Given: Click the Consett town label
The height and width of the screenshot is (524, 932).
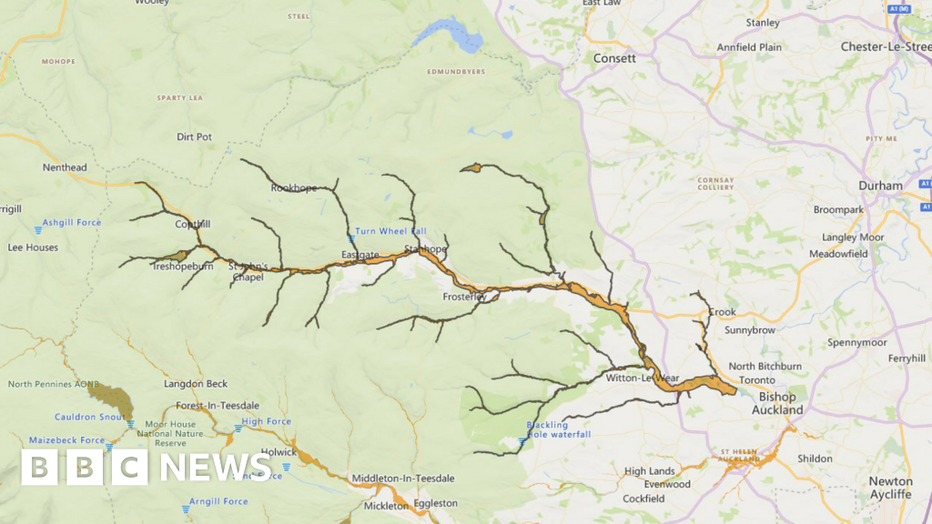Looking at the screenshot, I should click(614, 57).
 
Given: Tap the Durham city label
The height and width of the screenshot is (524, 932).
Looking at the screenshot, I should click(880, 186).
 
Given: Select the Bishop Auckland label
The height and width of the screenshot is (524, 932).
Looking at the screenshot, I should click(777, 403).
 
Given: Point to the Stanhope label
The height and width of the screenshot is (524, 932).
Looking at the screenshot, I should click(426, 248).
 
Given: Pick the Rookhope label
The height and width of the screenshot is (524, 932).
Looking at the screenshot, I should click(294, 188).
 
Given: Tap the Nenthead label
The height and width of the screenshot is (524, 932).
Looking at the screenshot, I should click(65, 167).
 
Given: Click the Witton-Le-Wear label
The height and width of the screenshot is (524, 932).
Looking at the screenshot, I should click(643, 378).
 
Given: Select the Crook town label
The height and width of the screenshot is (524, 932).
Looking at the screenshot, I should click(722, 312).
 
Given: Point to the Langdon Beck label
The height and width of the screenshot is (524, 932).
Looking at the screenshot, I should click(196, 384).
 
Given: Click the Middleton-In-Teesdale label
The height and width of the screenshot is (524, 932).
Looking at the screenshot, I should click(403, 479).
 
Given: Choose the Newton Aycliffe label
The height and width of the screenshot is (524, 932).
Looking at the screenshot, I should click(890, 488).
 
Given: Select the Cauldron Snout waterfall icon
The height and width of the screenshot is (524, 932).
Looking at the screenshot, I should click(131, 424).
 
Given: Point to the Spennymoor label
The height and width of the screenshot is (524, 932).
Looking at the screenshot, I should click(856, 343).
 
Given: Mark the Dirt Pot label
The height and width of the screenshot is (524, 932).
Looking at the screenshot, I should click(194, 137).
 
